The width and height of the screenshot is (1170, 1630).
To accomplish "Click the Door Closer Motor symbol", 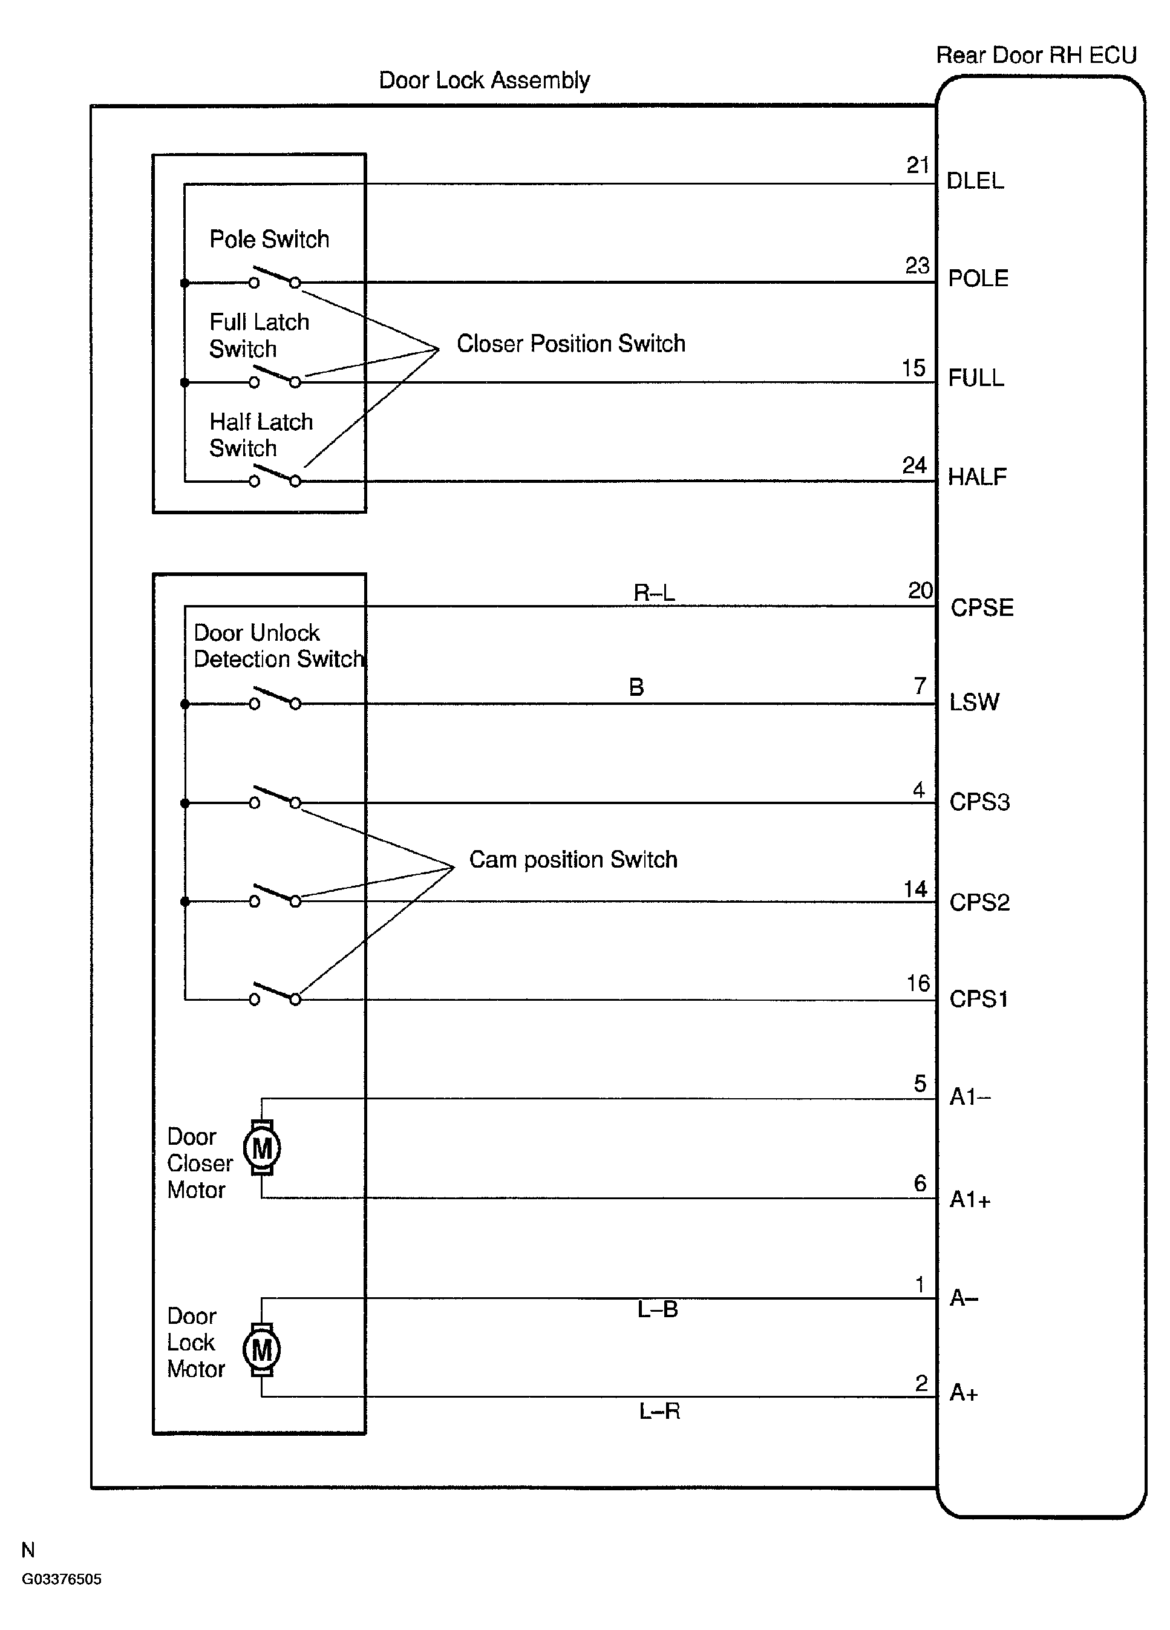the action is click(261, 1148).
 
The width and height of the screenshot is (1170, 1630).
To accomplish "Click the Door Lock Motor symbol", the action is click(261, 1350).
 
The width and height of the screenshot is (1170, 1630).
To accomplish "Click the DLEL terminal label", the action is click(975, 181).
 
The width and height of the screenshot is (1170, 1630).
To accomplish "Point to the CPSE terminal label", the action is click(982, 608).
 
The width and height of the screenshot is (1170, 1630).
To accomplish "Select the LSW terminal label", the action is click(974, 702).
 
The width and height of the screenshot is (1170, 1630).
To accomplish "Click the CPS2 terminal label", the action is click(979, 902).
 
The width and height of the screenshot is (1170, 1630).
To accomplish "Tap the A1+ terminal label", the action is click(970, 1199).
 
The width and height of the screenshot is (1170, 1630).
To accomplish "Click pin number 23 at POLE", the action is click(917, 266).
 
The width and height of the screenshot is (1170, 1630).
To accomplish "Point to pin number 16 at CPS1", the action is click(918, 983).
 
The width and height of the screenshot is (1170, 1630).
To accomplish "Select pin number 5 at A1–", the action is click(921, 1083).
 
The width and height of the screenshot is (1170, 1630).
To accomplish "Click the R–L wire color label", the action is click(654, 593).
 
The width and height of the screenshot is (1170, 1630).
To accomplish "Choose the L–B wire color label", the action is click(658, 1309).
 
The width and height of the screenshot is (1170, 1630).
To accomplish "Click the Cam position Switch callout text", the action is click(573, 860).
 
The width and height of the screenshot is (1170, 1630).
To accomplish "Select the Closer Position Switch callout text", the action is click(570, 344).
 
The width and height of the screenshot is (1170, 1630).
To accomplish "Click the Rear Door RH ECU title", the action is click(1036, 55).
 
